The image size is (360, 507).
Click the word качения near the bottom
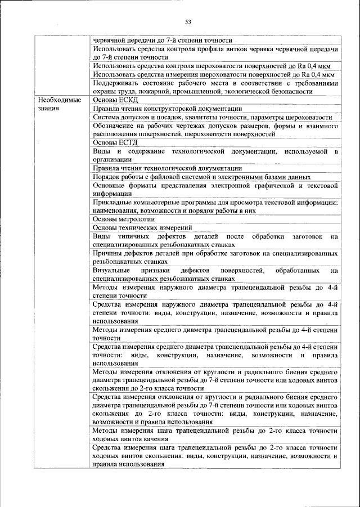tap(154, 439)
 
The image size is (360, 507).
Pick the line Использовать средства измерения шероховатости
tap(214, 74)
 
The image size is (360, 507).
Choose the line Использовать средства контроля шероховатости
tap(214, 66)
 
